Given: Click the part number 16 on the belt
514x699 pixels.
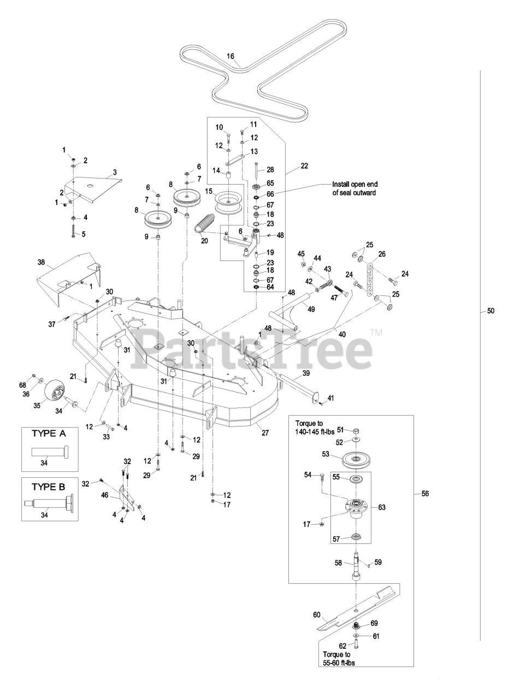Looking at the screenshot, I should coord(231,56).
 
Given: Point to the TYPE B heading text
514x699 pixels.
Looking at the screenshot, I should coord(49,484).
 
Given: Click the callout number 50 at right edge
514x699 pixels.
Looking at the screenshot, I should coord(491,311).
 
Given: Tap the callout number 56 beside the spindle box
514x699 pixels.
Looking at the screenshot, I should coord(425,493).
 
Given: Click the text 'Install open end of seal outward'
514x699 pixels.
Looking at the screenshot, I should coord(355,188).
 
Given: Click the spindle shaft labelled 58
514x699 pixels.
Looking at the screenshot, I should coord(356,568).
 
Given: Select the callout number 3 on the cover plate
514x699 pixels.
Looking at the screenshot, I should coord(115,173).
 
